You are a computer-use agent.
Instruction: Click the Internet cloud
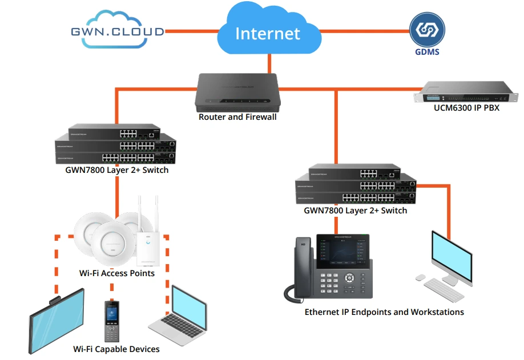coord(267,32)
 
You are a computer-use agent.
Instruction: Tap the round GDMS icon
coord(427,31)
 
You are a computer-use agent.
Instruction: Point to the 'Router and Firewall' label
coord(237,117)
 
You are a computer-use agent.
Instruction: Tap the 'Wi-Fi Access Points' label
coord(117,273)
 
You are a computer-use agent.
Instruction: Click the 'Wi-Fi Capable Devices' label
coord(116,349)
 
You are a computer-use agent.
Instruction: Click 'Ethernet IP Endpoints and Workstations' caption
coord(384,312)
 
